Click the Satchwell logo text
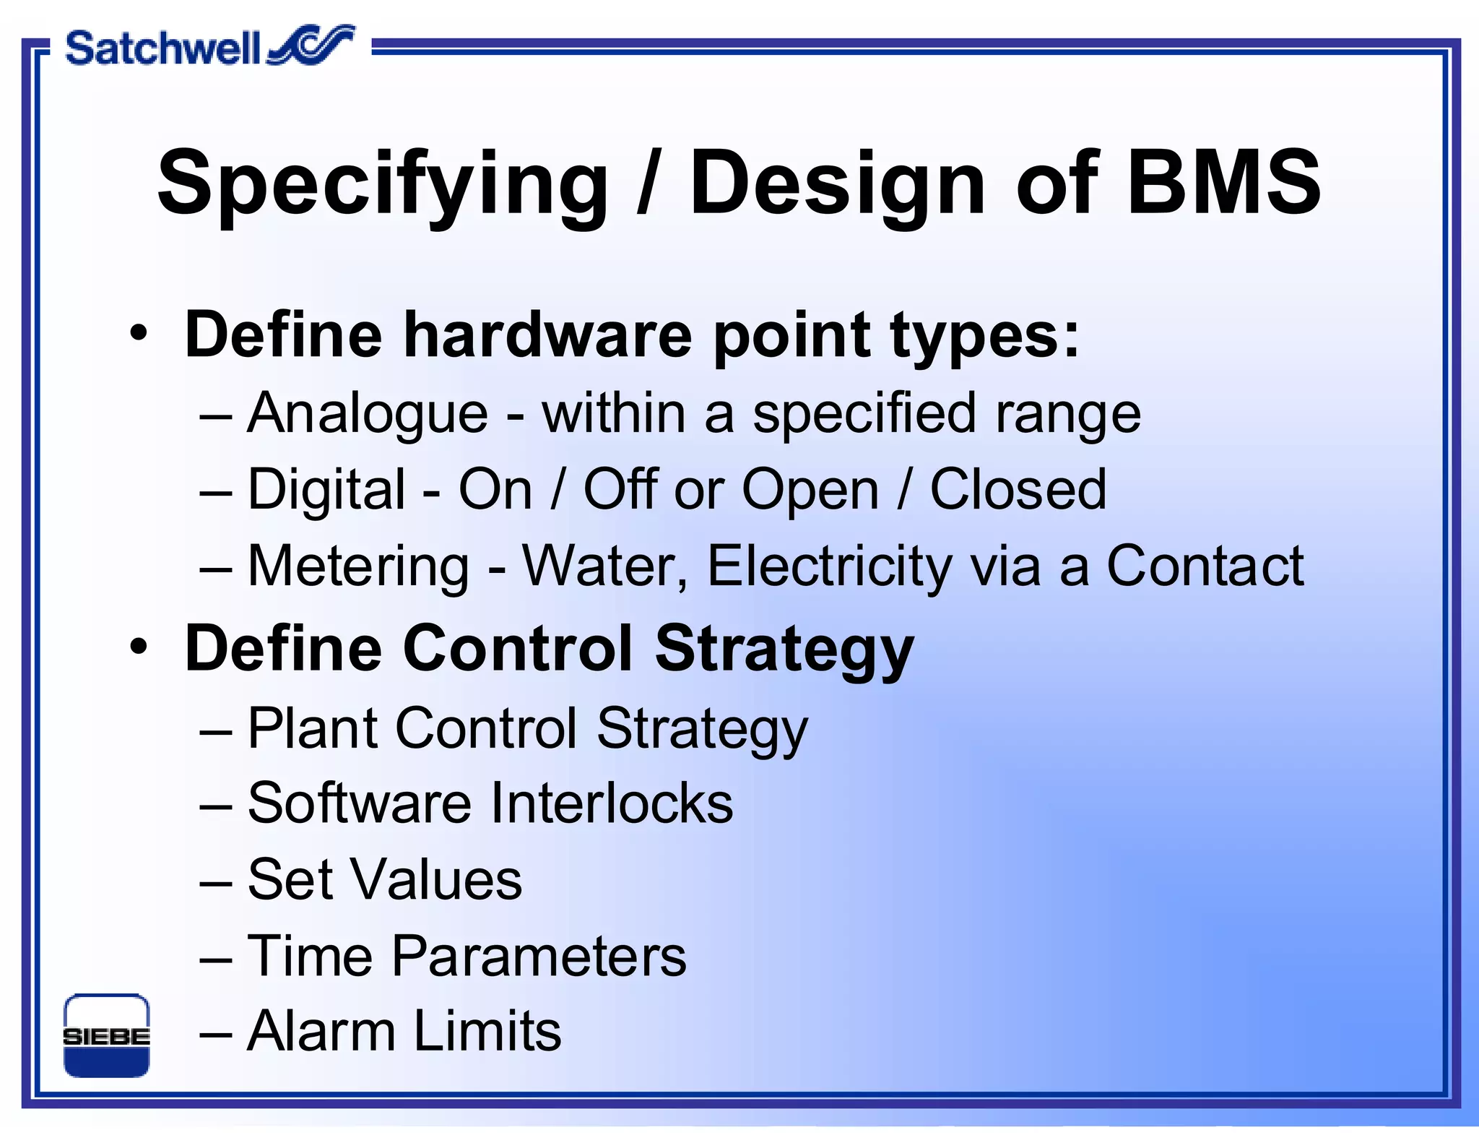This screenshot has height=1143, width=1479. click(162, 48)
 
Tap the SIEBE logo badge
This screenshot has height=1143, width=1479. click(106, 1035)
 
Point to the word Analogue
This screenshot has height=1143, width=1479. click(368, 415)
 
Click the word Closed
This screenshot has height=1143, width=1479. click(1018, 490)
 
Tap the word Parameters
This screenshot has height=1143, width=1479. click(539, 956)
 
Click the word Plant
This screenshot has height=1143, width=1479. click(311, 728)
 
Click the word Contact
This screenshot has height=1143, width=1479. click(1205, 566)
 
